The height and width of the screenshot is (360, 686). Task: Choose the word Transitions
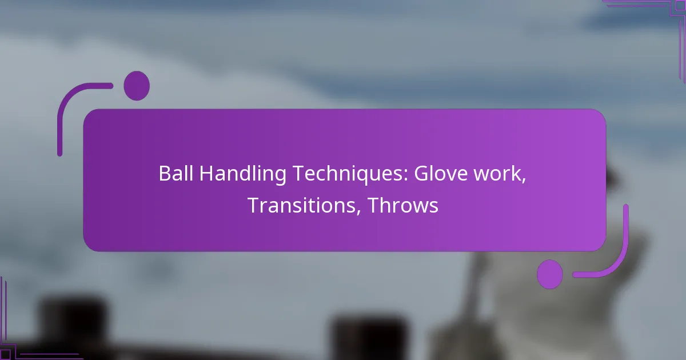303,206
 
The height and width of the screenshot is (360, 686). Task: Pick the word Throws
403,206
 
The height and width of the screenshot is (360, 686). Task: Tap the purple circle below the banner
550,274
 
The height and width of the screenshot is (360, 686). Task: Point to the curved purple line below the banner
612,257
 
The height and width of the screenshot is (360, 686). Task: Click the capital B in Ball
163,174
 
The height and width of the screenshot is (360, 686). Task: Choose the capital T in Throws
372,206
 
